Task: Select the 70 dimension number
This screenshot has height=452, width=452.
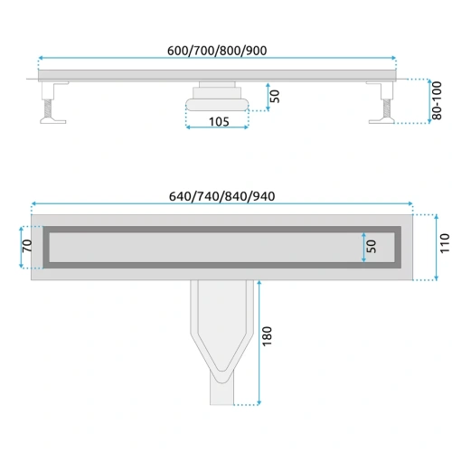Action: (x=27, y=245)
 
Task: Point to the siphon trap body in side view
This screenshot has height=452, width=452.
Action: (x=216, y=99)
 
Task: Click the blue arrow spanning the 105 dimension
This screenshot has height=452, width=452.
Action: (x=216, y=127)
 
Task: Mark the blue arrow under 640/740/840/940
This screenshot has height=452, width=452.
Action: (x=221, y=204)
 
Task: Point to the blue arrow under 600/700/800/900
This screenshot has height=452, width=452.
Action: (x=217, y=61)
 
